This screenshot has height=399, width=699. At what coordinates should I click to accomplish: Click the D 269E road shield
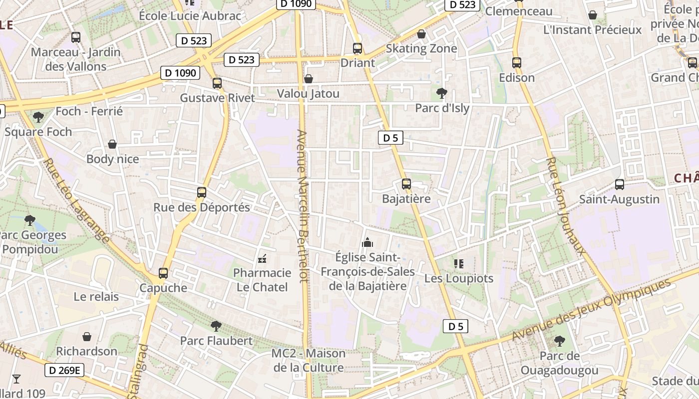pos(65,370)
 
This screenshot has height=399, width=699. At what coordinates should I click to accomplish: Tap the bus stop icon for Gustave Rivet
pos(217,83)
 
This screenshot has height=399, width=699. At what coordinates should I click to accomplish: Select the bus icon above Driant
pos(357,48)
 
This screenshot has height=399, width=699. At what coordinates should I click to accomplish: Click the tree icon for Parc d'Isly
pos(441,93)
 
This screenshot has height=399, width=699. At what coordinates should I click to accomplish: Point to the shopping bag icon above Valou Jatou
pos(309,79)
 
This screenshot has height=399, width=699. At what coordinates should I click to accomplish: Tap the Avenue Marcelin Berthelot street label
pos(302,206)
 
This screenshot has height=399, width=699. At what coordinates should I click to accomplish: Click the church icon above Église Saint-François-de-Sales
pos(367,243)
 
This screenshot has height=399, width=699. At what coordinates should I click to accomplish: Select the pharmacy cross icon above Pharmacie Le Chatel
pos(262,259)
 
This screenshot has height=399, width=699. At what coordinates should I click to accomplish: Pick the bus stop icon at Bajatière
pos(406,184)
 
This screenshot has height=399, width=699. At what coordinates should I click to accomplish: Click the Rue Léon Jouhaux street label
pos(566,206)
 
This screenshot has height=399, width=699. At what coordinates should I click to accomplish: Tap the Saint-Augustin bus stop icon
pos(620,185)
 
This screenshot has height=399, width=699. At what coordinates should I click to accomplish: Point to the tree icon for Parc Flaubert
pos(216,326)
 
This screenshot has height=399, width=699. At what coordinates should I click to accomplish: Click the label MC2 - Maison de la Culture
pos(309,361)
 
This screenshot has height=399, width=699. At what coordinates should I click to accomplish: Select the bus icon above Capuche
pos(163,273)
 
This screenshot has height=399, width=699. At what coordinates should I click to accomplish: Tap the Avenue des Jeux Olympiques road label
pos(592,310)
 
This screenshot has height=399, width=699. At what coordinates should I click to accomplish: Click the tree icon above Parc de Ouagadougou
pos(559,341)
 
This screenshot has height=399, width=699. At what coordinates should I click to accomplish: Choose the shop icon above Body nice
pos(112,144)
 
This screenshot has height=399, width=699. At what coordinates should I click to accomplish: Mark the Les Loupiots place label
pos(459,278)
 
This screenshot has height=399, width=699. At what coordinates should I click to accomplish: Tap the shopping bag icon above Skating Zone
pos(421,34)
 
